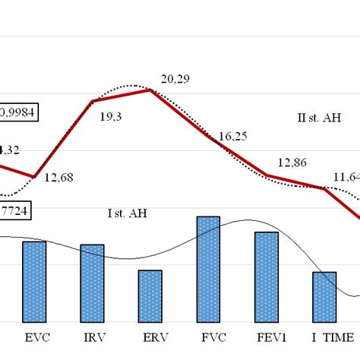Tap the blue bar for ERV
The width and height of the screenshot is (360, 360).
point(150,295)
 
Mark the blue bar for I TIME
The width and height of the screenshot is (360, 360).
point(324,296)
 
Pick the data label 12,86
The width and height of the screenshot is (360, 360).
point(292,162)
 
